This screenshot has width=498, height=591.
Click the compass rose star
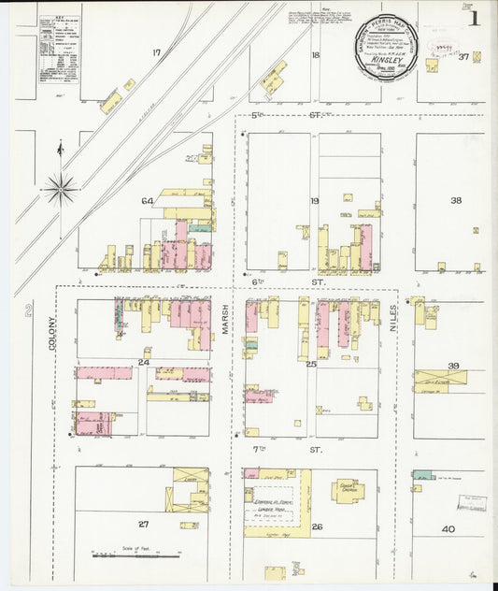[62, 187]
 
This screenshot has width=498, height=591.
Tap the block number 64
[147, 201]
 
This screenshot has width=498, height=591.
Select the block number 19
[315, 201]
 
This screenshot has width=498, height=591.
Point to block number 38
[456, 201]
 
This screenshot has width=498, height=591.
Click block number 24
[144, 362]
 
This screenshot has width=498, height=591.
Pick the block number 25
[311, 363]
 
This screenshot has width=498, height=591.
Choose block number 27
[143, 524]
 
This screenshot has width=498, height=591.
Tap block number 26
[317, 527]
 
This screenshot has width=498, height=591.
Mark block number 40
[448, 529]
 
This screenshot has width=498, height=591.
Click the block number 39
[453, 366]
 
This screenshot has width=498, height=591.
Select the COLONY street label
[52, 329]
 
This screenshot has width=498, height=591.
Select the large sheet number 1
[476, 17]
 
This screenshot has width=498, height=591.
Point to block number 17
[157, 52]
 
